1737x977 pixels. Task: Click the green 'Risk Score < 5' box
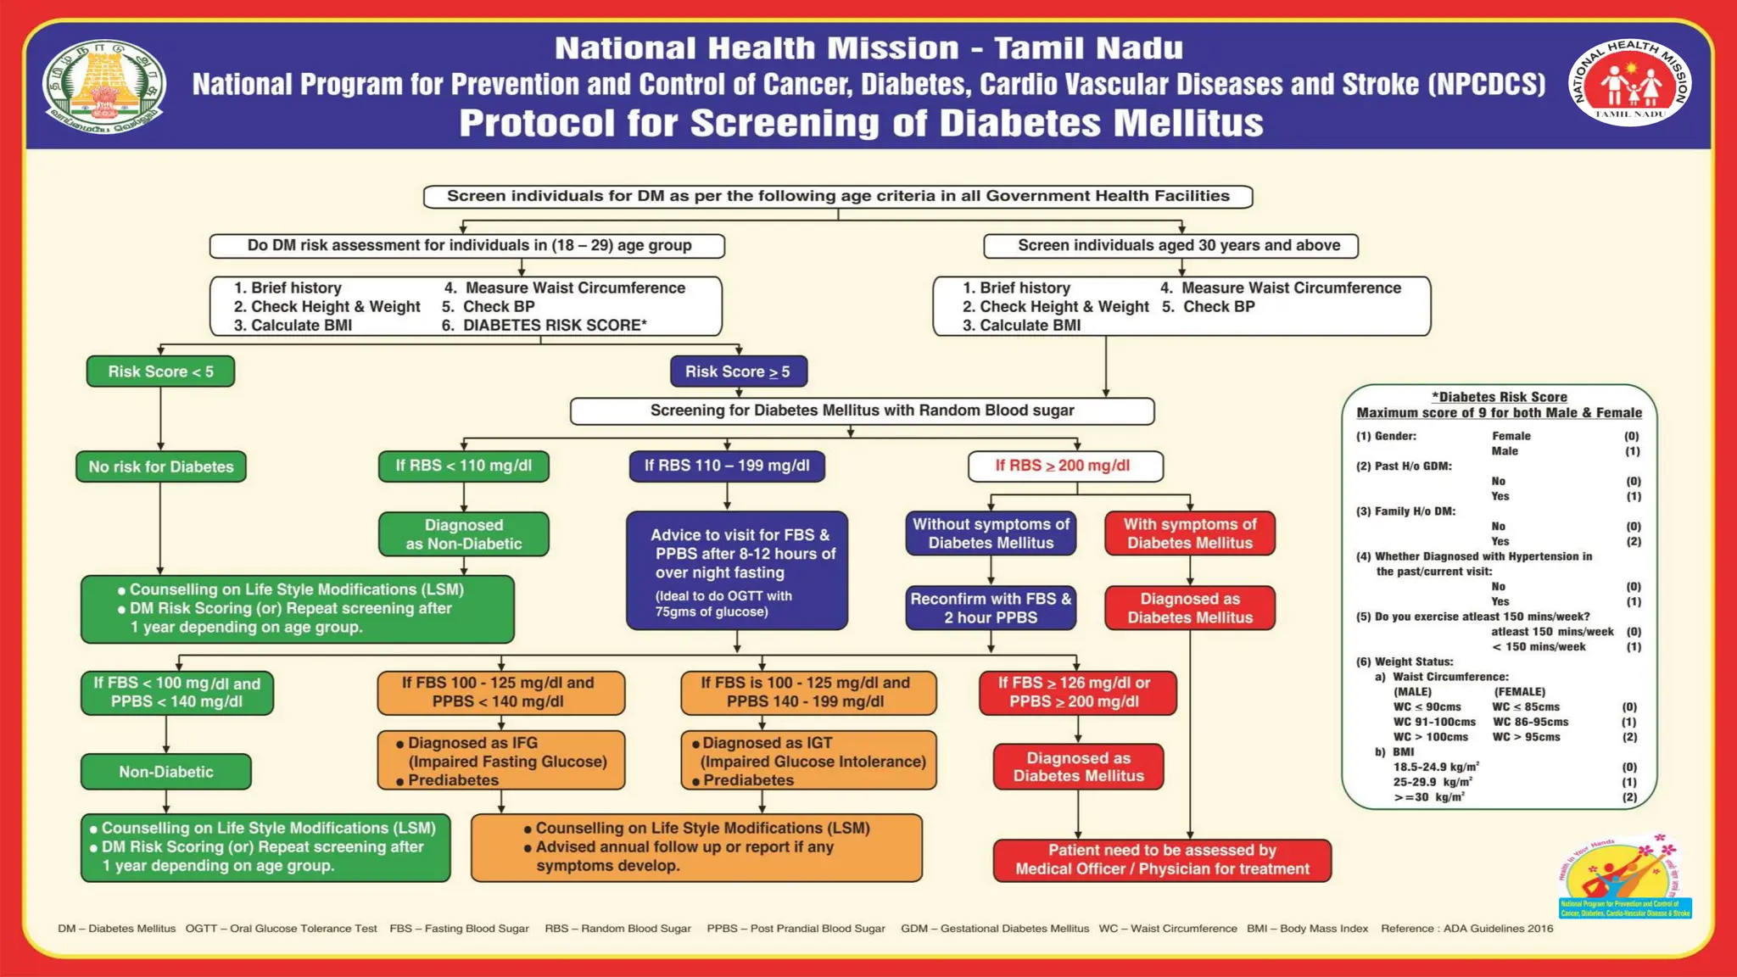pos(160,371)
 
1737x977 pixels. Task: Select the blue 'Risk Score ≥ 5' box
pos(738,371)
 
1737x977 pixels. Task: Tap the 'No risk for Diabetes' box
pos(161,466)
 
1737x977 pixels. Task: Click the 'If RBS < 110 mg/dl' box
pos(464,466)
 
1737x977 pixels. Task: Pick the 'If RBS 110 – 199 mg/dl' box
pos(727,466)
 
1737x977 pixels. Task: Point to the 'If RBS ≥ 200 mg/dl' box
pos(1065,466)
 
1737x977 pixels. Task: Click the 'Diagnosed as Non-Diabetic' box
pos(464,534)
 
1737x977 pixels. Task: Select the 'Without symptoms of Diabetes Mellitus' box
pos(991,533)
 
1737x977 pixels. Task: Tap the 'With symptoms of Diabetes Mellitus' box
pos(1190,533)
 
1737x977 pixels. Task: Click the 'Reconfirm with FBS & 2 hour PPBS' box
pos(991,608)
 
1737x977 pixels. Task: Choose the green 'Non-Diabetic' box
pos(166,772)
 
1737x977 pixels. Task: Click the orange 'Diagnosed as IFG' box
pos(501,761)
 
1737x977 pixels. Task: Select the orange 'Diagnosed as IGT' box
pos(809,761)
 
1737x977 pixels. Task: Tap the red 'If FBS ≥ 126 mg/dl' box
pos(1077,692)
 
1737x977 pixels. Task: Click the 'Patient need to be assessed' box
pos(1162,860)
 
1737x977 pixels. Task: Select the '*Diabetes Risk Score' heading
pos(1499,397)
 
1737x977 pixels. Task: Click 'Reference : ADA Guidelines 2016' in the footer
pos(1466,929)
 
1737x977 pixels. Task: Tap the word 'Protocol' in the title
pos(537,124)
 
